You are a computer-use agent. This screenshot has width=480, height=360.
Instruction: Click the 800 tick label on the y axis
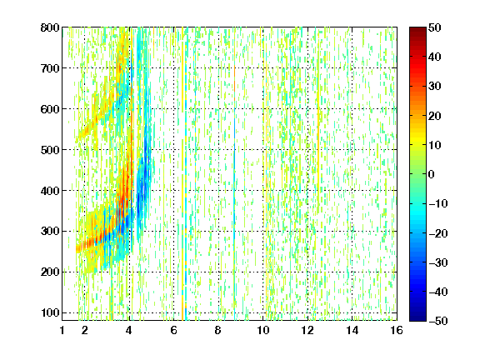(x=50, y=27)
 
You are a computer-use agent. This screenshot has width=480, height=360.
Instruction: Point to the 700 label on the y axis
(x=50, y=68)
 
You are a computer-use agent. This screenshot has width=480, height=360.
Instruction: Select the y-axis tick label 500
(x=50, y=150)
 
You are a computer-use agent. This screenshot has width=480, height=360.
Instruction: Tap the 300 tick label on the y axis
(x=50, y=231)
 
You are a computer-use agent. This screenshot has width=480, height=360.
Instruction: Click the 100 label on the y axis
(x=50, y=312)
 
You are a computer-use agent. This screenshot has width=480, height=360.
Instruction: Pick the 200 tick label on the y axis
(x=50, y=272)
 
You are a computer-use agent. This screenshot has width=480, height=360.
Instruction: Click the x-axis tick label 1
(x=62, y=330)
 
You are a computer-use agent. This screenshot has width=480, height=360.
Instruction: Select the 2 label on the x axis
(x=85, y=330)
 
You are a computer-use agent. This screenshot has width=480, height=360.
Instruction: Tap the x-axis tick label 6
(x=174, y=330)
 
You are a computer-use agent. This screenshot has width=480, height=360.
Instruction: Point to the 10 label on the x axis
(x=263, y=330)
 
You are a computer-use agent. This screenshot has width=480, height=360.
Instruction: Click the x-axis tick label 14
(x=352, y=330)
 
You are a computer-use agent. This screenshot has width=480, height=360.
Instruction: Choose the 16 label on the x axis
(x=397, y=330)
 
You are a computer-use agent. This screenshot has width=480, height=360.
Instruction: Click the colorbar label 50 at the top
(x=434, y=27)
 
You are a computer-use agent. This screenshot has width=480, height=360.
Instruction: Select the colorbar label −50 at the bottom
(x=438, y=321)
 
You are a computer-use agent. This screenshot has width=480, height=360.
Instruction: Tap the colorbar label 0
(x=432, y=174)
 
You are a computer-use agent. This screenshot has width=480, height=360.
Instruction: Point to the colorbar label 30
(x=434, y=87)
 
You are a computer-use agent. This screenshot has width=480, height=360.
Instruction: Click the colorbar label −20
(x=438, y=233)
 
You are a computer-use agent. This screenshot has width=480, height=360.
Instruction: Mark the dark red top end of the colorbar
(x=417, y=29)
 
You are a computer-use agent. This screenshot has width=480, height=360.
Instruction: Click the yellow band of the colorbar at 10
(x=417, y=145)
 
